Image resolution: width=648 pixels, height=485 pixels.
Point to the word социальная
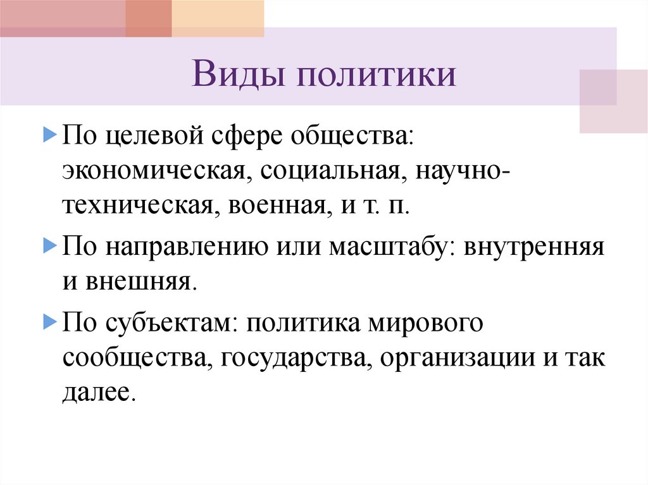tap(331, 171)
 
